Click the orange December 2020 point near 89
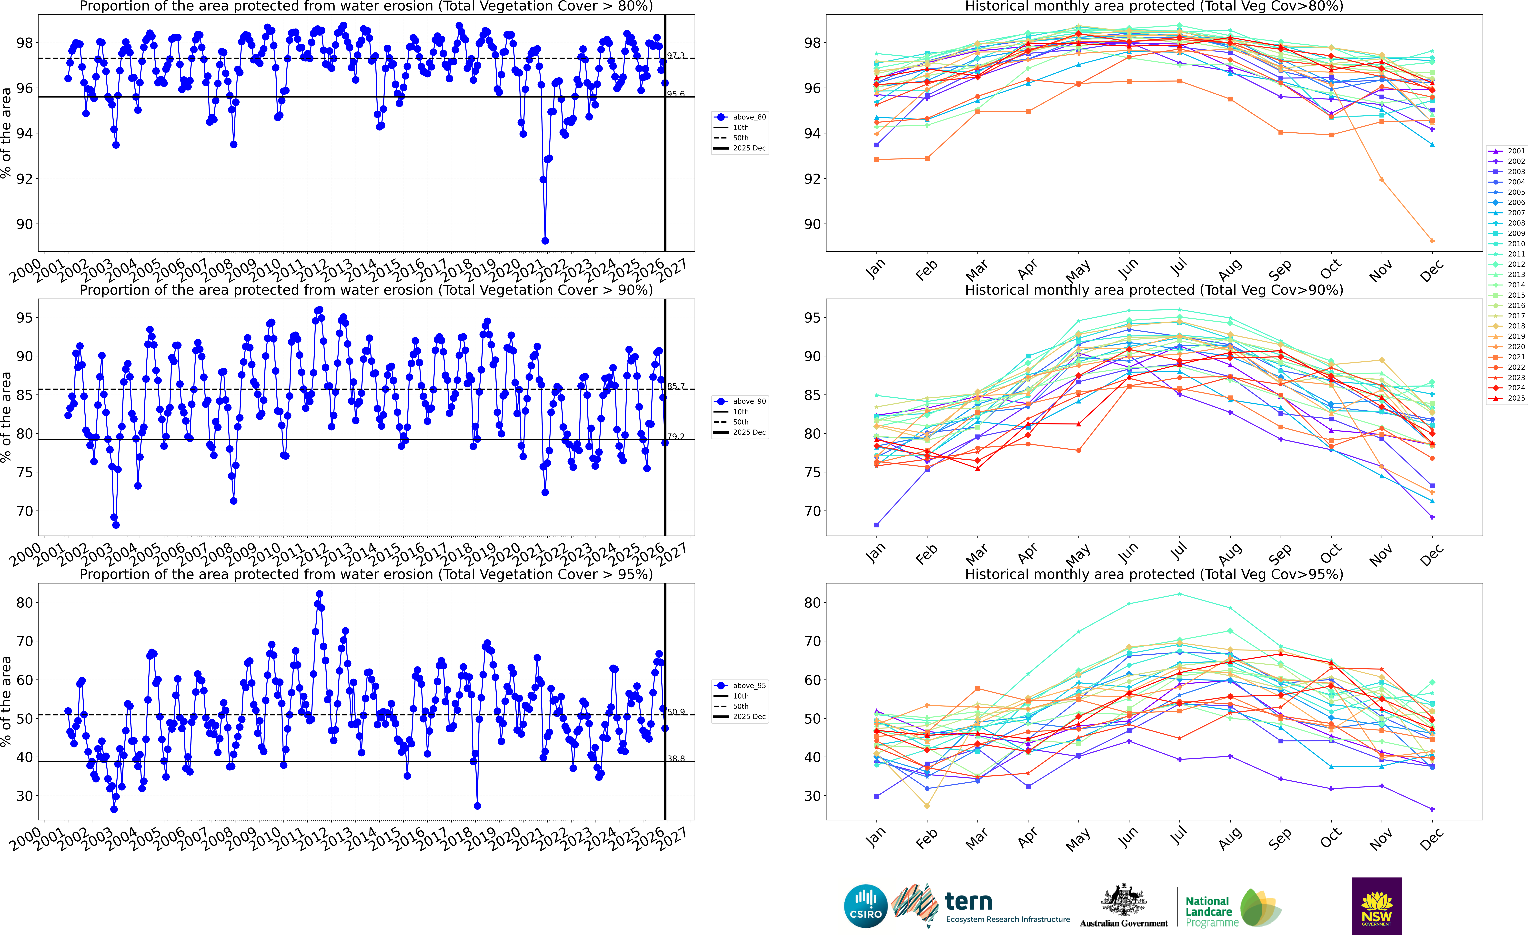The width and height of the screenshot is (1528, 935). click(x=1432, y=241)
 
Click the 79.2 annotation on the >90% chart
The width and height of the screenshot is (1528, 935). click(x=676, y=436)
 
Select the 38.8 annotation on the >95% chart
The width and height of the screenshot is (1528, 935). click(x=676, y=758)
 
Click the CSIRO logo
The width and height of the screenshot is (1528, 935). click(x=866, y=906)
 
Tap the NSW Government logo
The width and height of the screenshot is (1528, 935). click(x=1377, y=906)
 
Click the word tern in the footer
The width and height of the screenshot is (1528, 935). click(x=969, y=901)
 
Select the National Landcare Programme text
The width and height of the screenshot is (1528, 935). click(x=1208, y=911)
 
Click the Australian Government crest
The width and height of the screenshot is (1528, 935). click(x=1124, y=900)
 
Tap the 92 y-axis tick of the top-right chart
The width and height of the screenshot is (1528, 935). click(x=812, y=179)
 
